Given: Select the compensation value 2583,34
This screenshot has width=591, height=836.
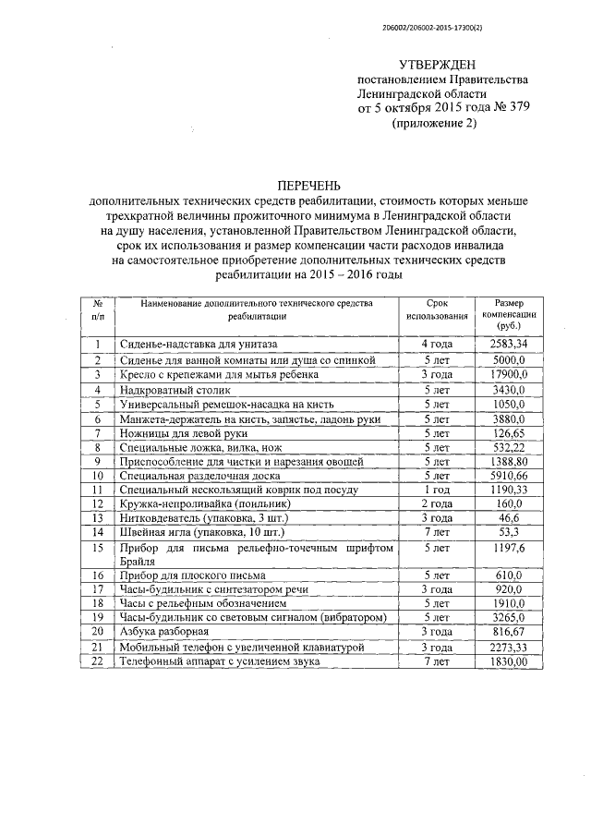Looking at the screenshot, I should [x=509, y=345].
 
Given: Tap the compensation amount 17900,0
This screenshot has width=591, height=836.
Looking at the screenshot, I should [x=509, y=374].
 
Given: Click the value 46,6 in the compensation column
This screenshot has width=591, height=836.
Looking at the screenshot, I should [x=509, y=518].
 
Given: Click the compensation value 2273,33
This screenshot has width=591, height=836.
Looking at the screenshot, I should [x=509, y=647].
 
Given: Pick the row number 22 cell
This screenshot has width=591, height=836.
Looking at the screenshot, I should [x=97, y=661].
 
